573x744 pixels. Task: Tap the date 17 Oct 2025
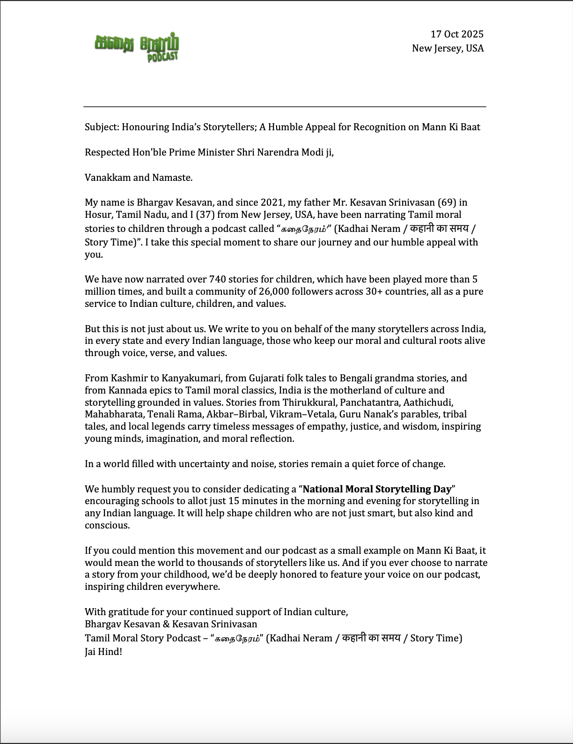[457, 34]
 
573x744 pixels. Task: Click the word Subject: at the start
[102, 127]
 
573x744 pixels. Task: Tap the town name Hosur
[97, 215]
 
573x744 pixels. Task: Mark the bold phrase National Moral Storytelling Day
[377, 489]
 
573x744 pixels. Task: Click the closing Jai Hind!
[103, 651]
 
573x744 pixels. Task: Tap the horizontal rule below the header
[285, 107]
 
